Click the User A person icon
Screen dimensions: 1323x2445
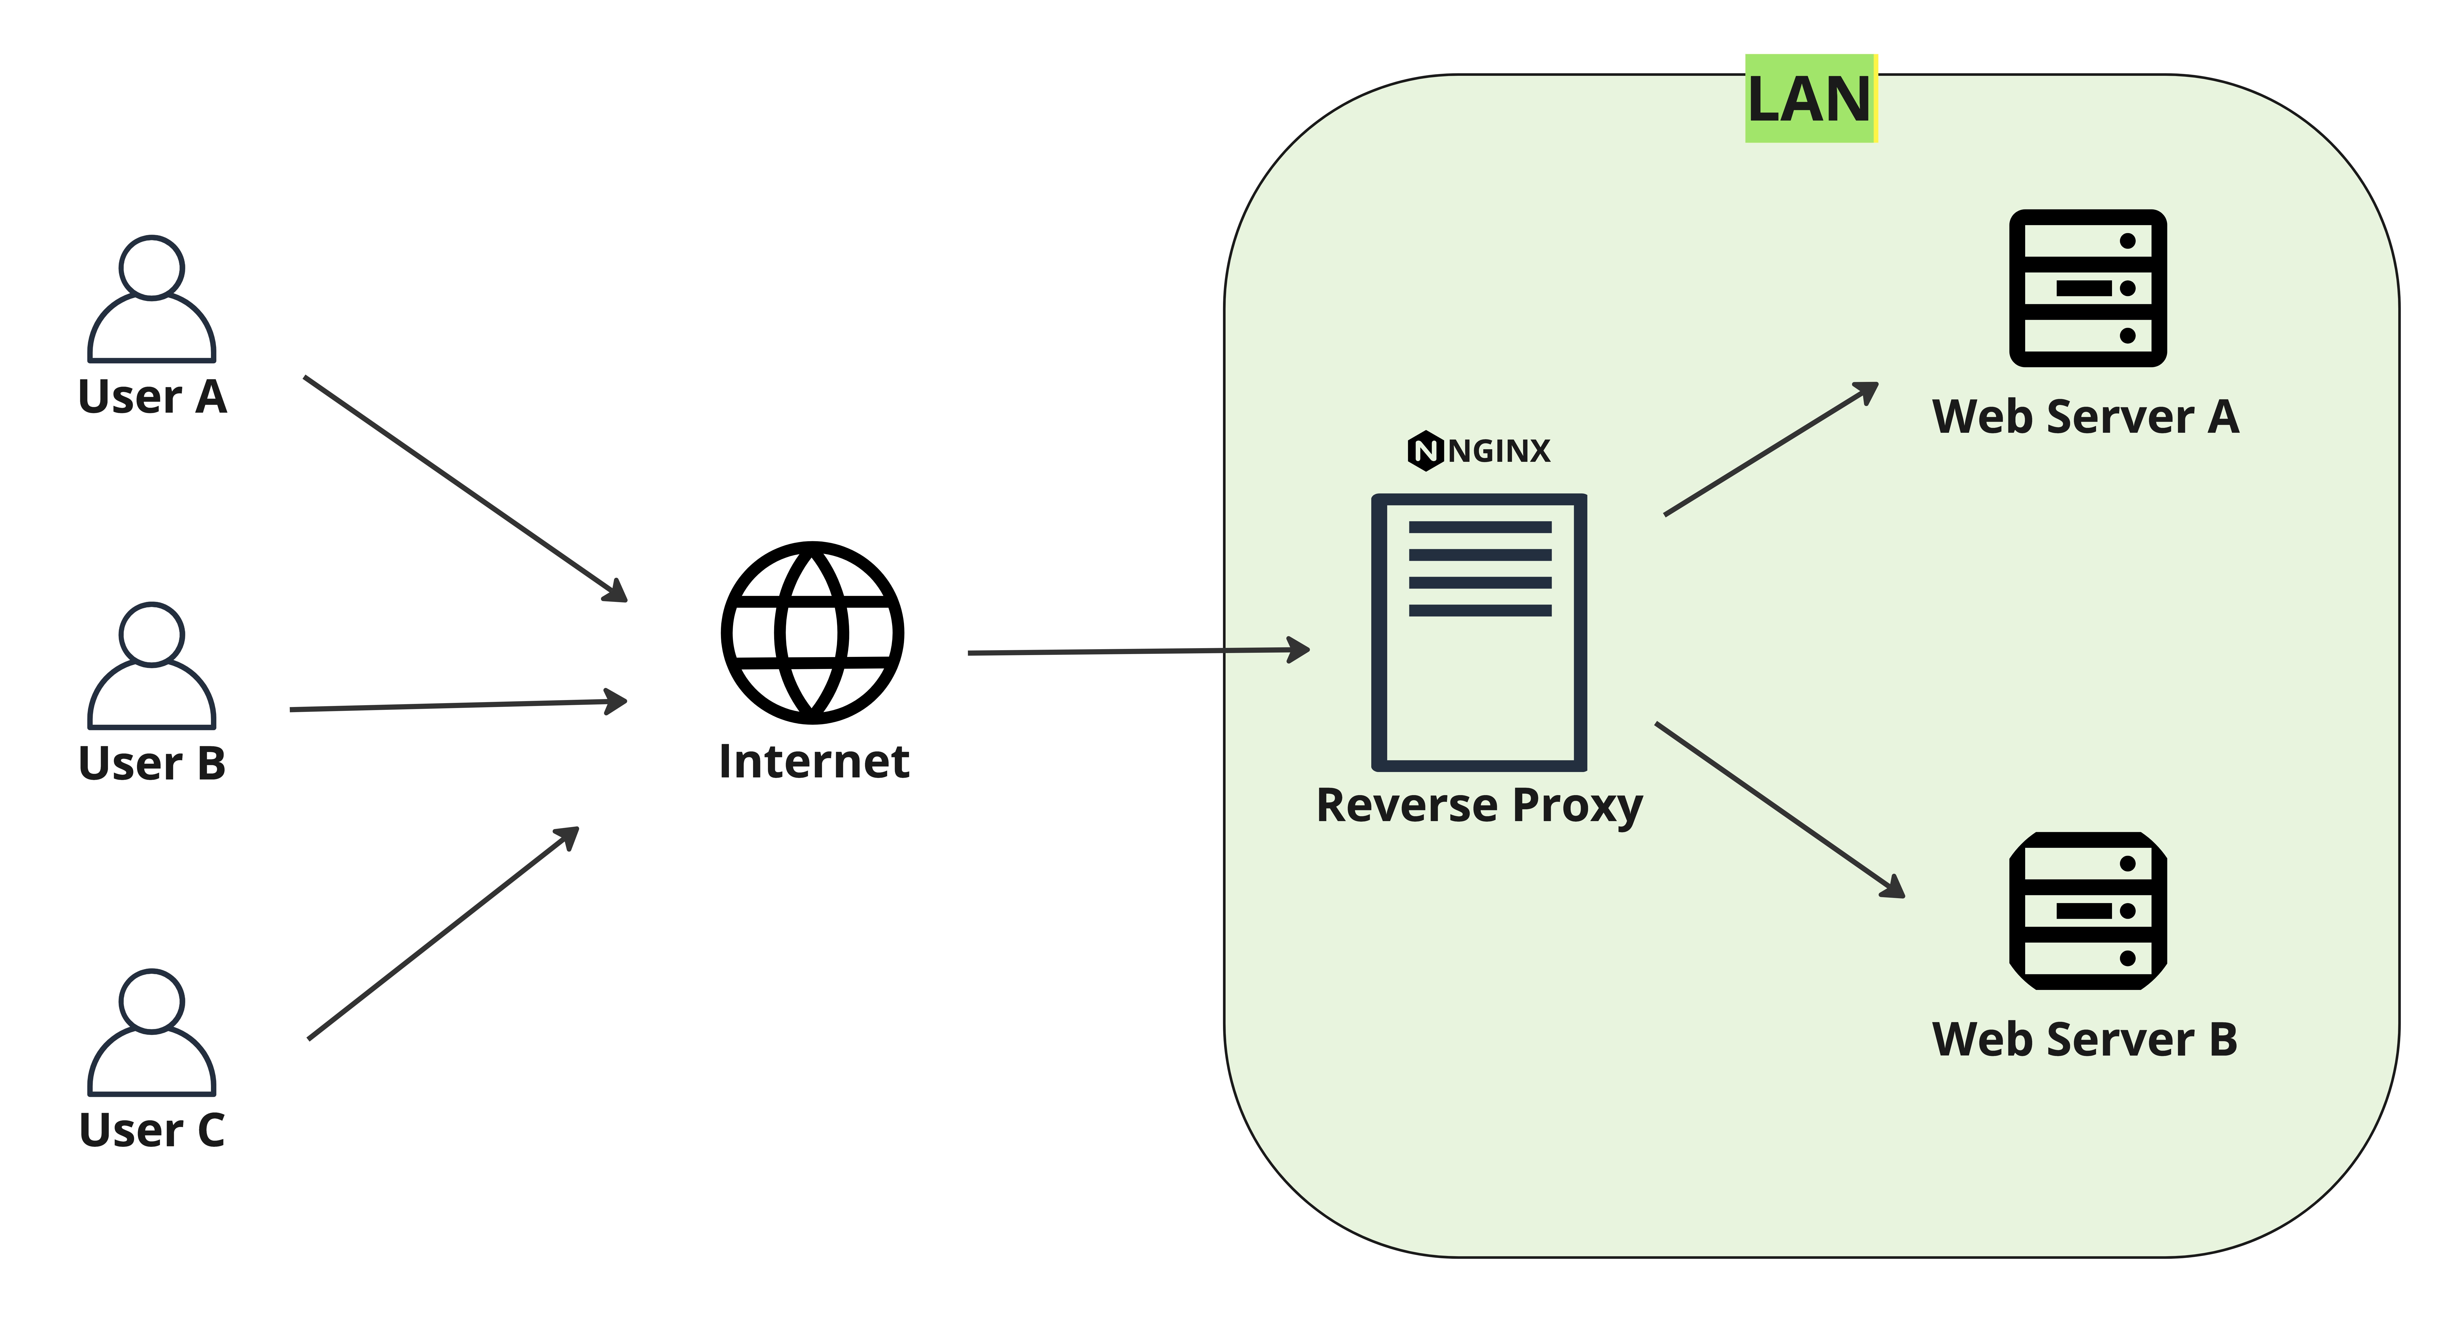[152, 299]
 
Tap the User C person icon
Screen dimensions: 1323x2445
[152, 1033]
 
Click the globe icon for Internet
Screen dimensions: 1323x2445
[812, 633]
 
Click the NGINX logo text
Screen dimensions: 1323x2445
[1500, 451]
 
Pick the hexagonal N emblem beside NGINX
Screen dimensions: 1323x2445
[1426, 451]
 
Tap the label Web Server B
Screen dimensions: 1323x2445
[2085, 1039]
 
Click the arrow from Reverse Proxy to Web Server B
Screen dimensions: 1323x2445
[1780, 810]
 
